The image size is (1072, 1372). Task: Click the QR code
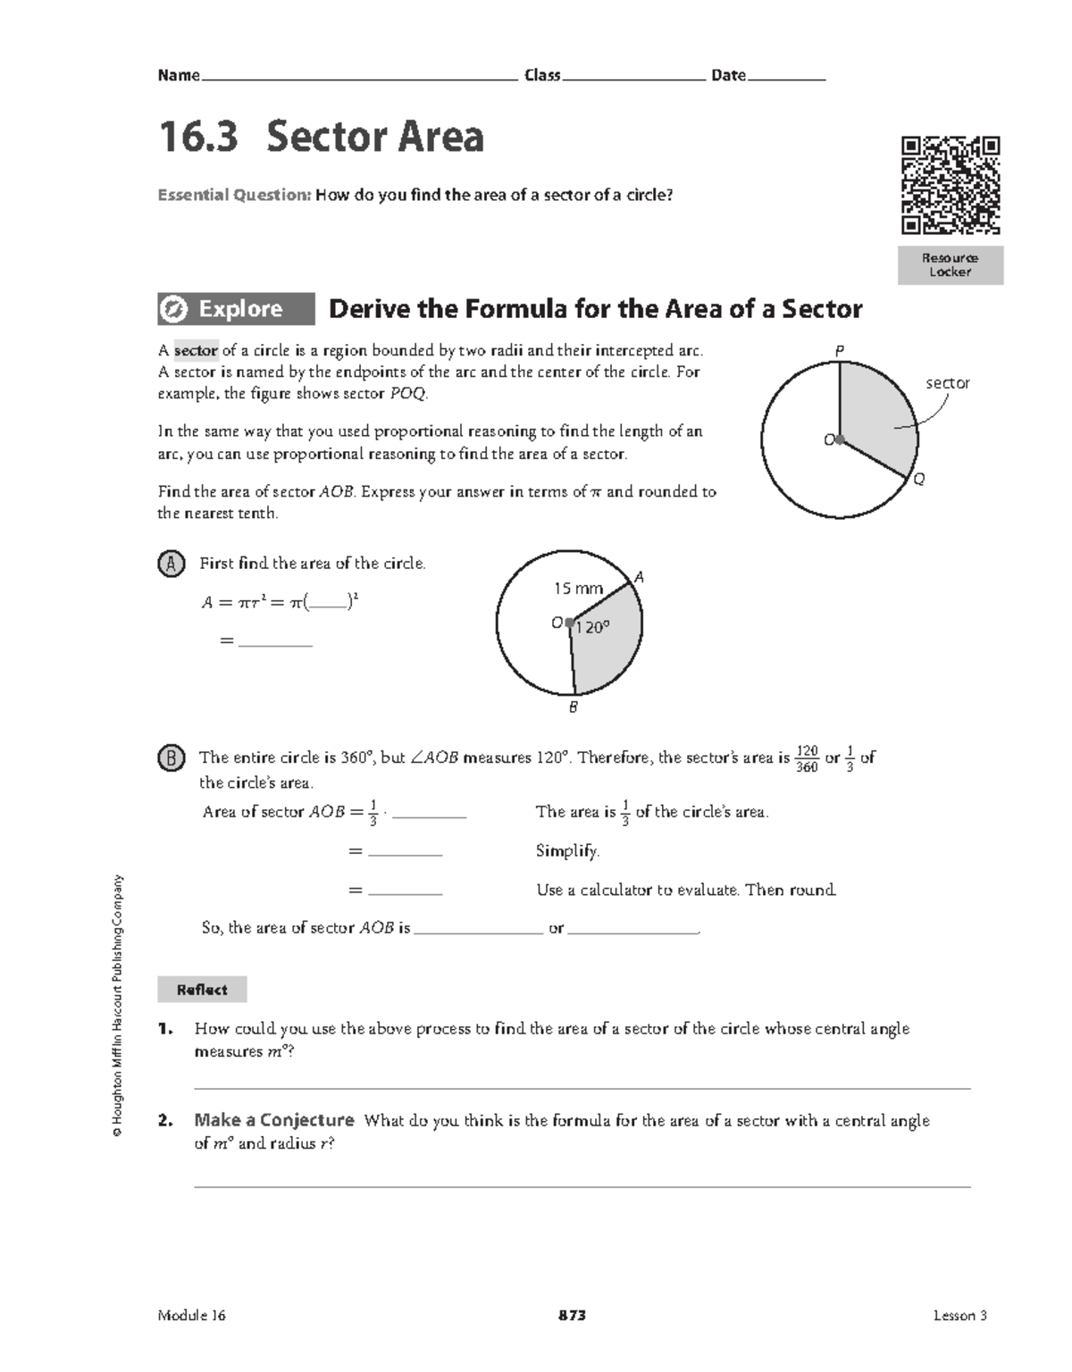[x=950, y=185]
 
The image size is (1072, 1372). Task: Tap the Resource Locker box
[x=950, y=265]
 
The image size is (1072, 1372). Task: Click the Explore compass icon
[x=173, y=309]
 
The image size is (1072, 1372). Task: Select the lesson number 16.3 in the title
[x=198, y=138]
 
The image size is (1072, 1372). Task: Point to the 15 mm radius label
[x=578, y=589]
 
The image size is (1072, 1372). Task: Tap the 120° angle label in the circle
[x=591, y=628]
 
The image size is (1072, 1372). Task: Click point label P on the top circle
[x=839, y=352]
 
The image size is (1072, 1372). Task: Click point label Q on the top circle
[x=919, y=480]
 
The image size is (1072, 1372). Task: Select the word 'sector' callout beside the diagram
[x=947, y=383]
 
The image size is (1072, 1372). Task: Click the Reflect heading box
[x=202, y=990]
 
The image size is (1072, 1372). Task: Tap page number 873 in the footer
[x=572, y=1315]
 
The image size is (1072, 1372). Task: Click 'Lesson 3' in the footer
[x=959, y=1315]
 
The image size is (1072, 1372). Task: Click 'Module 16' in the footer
[x=192, y=1315]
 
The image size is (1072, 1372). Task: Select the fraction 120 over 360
[x=806, y=758]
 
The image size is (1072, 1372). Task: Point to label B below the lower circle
[x=574, y=707]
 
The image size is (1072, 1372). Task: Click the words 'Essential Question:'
[x=234, y=195]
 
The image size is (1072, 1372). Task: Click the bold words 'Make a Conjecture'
[x=274, y=1120]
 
